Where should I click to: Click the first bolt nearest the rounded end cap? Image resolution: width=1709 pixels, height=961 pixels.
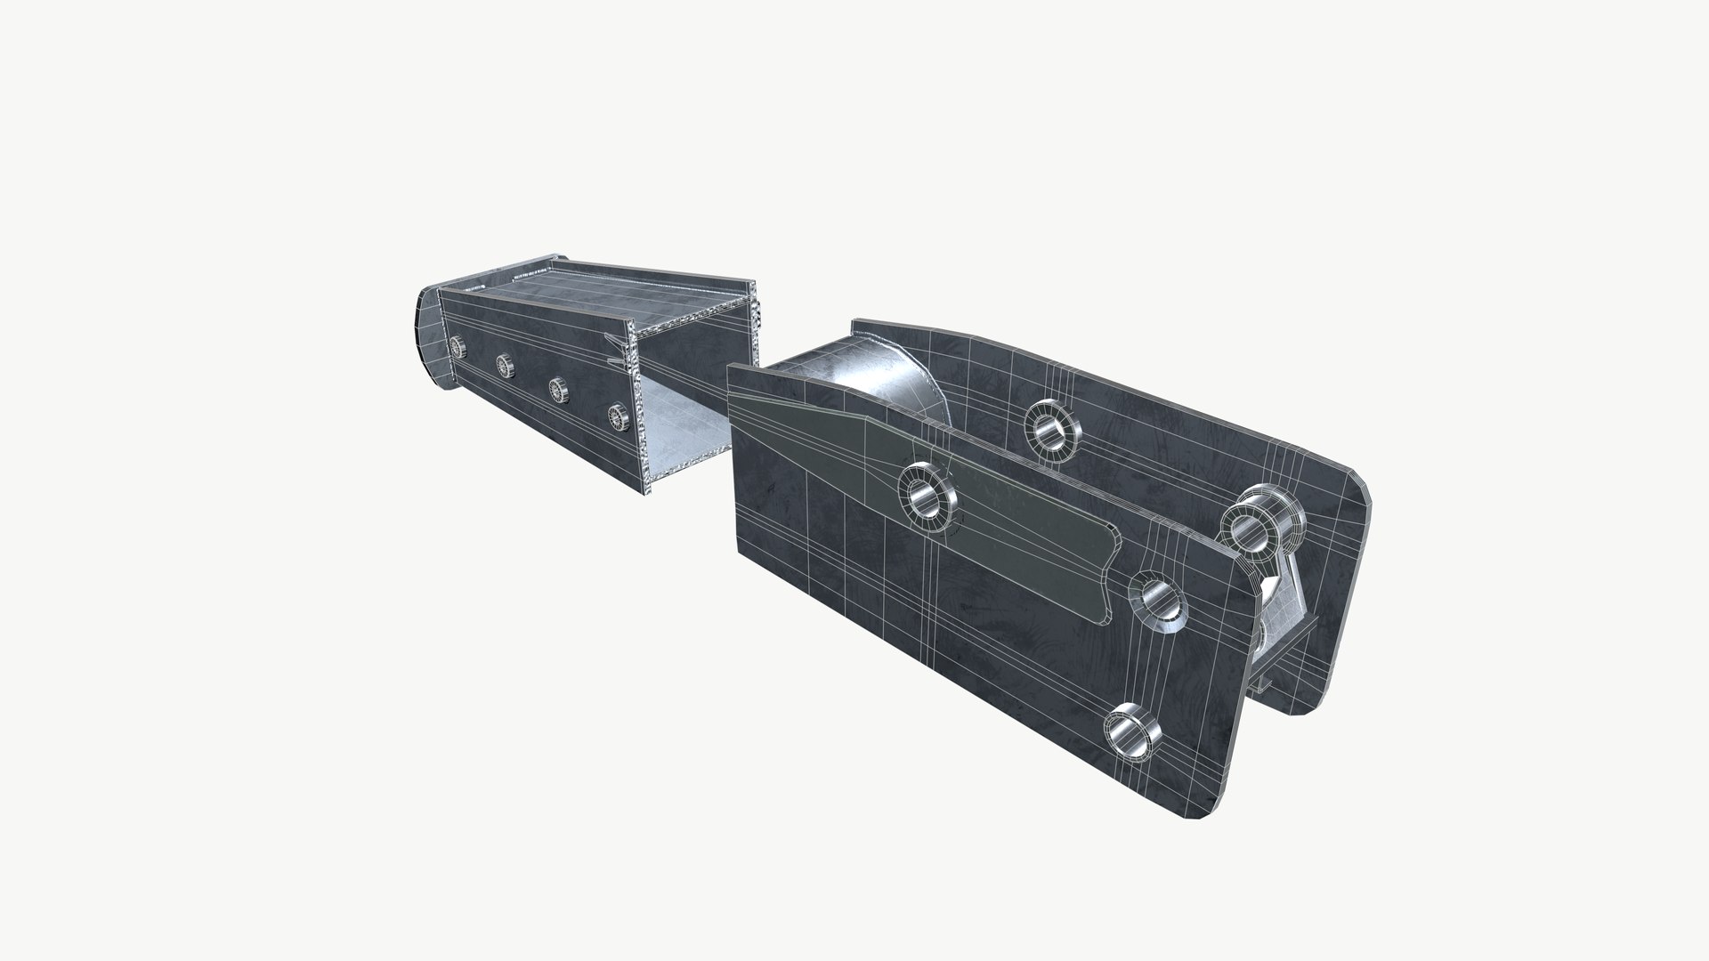(458, 345)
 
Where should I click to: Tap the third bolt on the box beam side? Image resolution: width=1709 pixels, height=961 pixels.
(558, 388)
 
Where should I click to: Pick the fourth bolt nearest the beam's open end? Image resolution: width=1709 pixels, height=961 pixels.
(616, 415)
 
